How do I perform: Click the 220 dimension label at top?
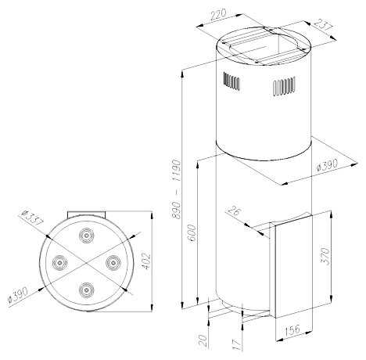(217, 15)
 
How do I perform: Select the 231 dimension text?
(322, 26)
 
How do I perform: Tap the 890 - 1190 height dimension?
(176, 189)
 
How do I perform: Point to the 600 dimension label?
(192, 233)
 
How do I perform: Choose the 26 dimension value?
(234, 211)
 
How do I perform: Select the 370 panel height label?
(325, 257)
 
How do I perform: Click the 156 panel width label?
(292, 330)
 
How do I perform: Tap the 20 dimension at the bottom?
(203, 340)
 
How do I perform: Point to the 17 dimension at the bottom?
(237, 344)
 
